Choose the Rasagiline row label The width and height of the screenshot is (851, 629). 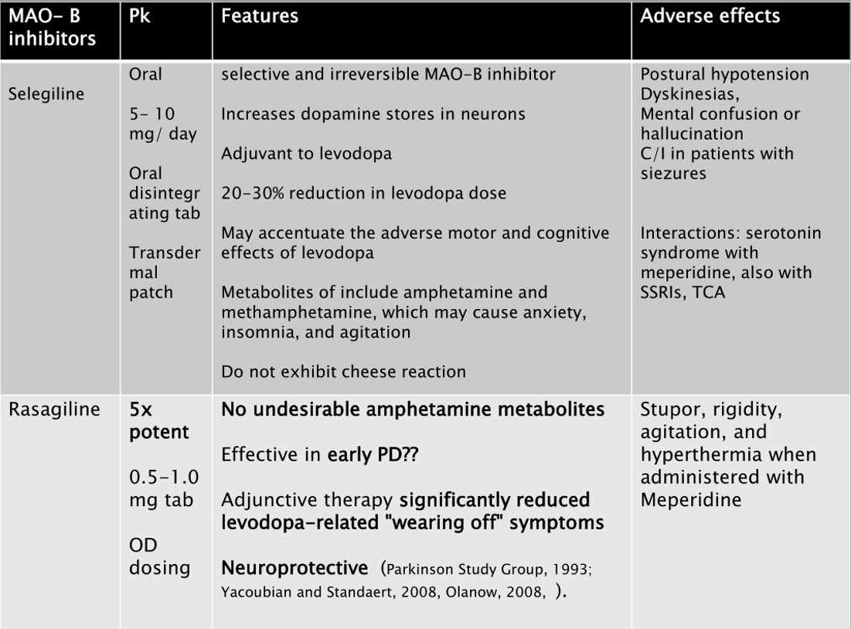coord(54,410)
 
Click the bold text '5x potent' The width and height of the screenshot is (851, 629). coord(158,420)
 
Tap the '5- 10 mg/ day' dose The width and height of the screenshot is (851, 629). coord(163,123)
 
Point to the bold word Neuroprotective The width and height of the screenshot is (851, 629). coord(294,569)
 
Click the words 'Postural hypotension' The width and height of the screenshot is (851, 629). coord(725,75)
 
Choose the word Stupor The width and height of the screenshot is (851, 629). coord(667,410)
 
